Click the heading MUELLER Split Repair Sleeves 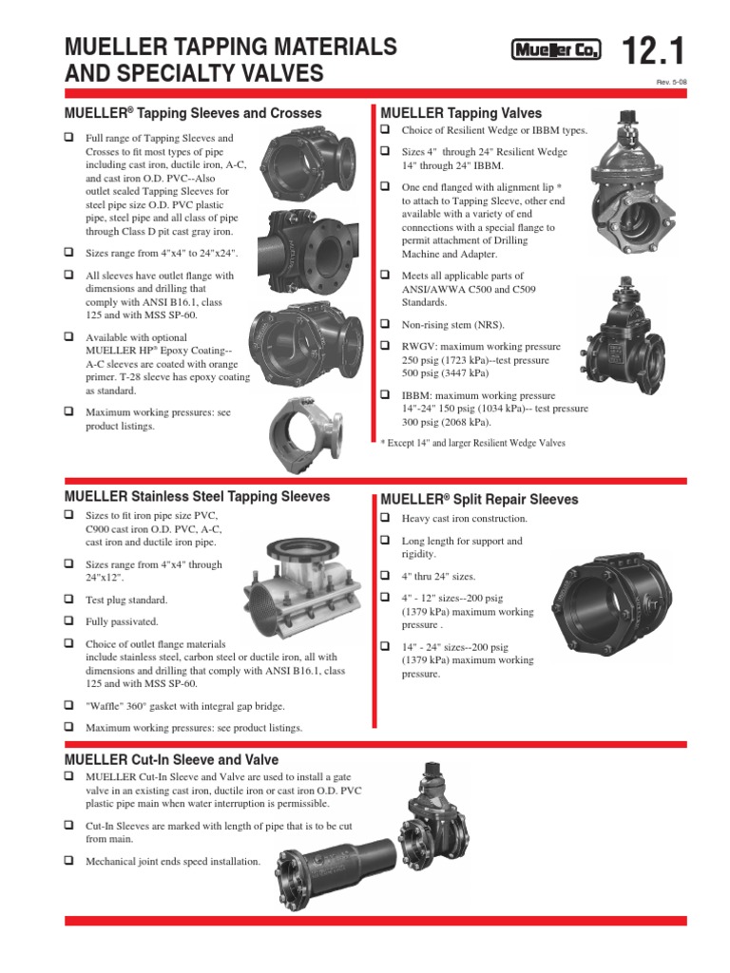[479, 499]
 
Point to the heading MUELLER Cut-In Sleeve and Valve [171, 759]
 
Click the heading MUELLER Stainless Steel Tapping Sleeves [197, 496]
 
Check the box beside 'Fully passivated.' [69, 621]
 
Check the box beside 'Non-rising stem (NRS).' [386, 324]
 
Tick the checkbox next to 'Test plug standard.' [69, 600]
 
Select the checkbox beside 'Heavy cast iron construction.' [386, 518]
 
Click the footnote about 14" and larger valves [471, 443]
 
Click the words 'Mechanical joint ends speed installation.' [172, 861]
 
